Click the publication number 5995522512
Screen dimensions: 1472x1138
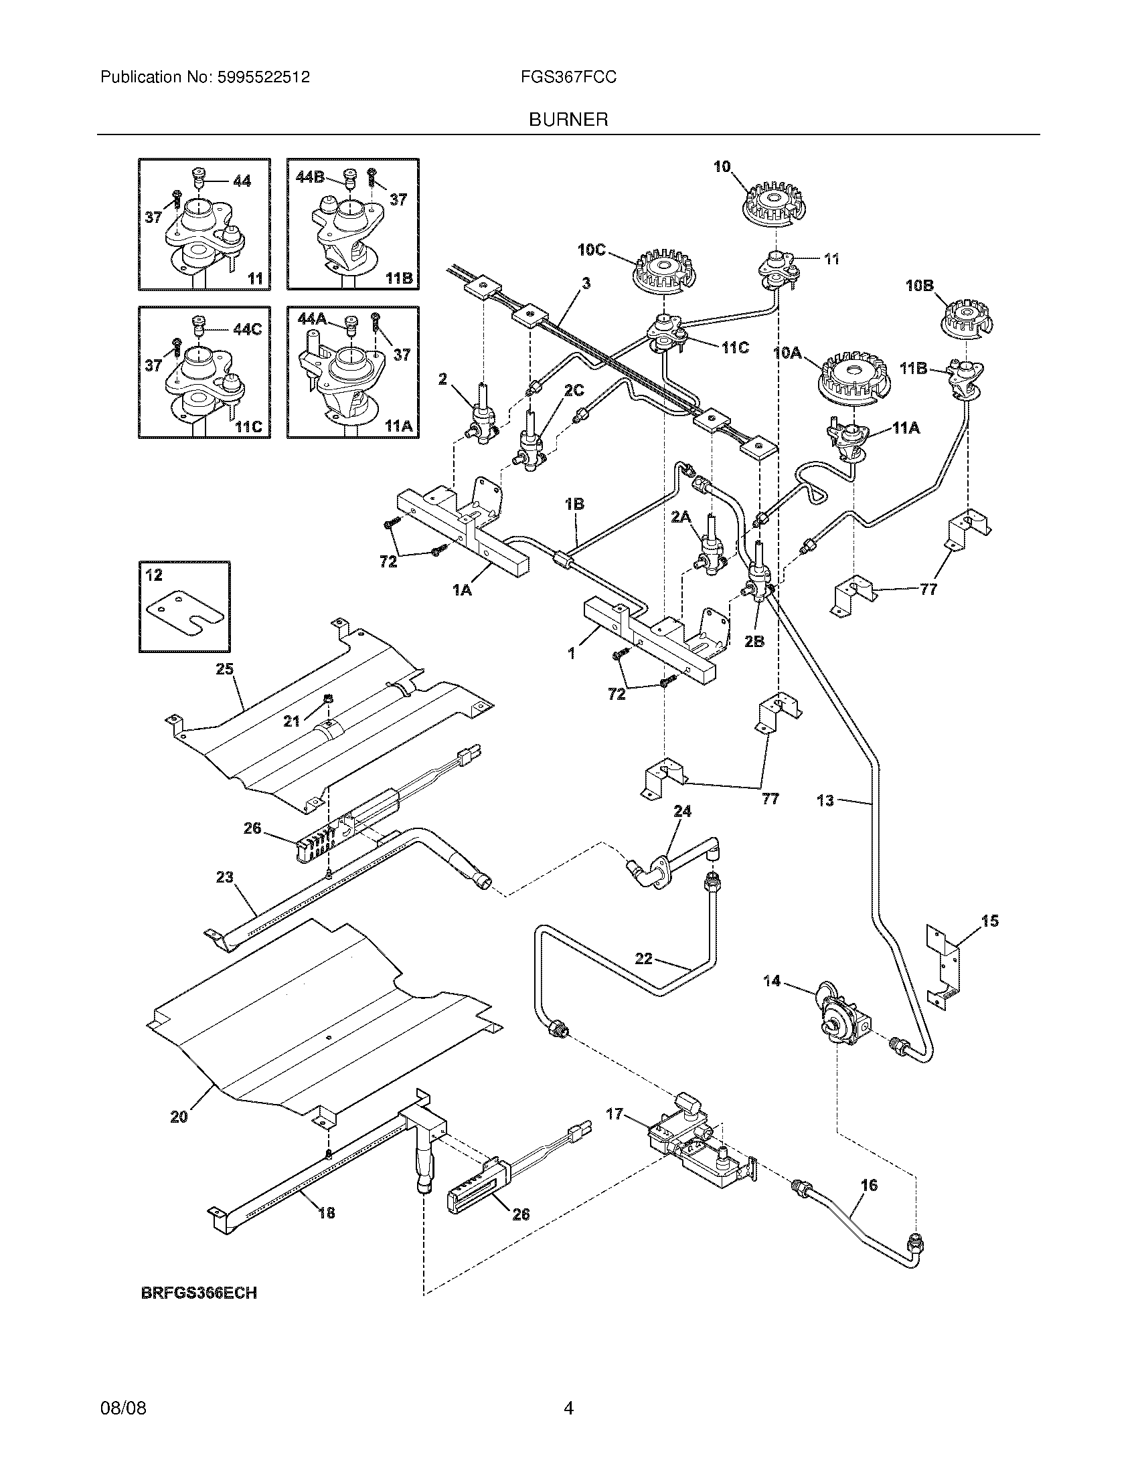[x=264, y=78]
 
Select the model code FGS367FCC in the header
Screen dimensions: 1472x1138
[x=568, y=78]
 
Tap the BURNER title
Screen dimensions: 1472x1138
[x=568, y=120]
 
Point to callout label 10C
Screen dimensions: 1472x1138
[x=591, y=250]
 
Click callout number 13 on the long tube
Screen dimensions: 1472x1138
[x=825, y=801]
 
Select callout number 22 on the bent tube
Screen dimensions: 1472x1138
[x=643, y=957]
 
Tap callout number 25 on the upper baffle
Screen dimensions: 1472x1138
[x=224, y=668]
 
